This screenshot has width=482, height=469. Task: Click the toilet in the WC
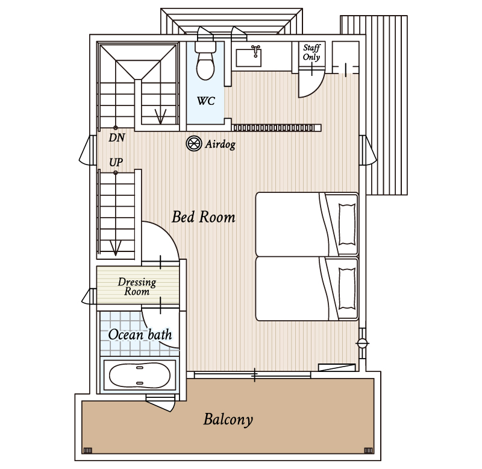point(205,61)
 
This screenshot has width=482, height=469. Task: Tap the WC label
point(205,101)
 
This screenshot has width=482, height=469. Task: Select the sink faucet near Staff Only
point(255,51)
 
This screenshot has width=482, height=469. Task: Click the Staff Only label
point(311,52)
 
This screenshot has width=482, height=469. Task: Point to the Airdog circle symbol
point(194,143)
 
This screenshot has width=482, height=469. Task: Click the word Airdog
point(221,144)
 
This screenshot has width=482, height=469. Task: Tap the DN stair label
point(117,137)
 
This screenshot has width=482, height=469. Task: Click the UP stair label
point(116,162)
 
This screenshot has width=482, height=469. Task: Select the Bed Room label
point(204,217)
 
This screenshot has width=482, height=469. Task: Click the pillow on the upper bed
point(347,224)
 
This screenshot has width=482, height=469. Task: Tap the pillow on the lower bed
point(347,289)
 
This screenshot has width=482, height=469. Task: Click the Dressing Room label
point(137,286)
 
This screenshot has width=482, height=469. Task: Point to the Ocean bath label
point(140,335)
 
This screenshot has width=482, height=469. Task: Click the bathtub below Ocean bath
point(140,375)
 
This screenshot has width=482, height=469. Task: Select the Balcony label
point(228,420)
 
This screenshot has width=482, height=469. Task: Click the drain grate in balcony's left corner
point(87,450)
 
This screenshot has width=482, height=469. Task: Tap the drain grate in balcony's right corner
point(368,450)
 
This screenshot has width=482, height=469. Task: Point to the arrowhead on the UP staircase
point(116,248)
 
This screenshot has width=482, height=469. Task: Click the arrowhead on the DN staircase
point(160,116)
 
